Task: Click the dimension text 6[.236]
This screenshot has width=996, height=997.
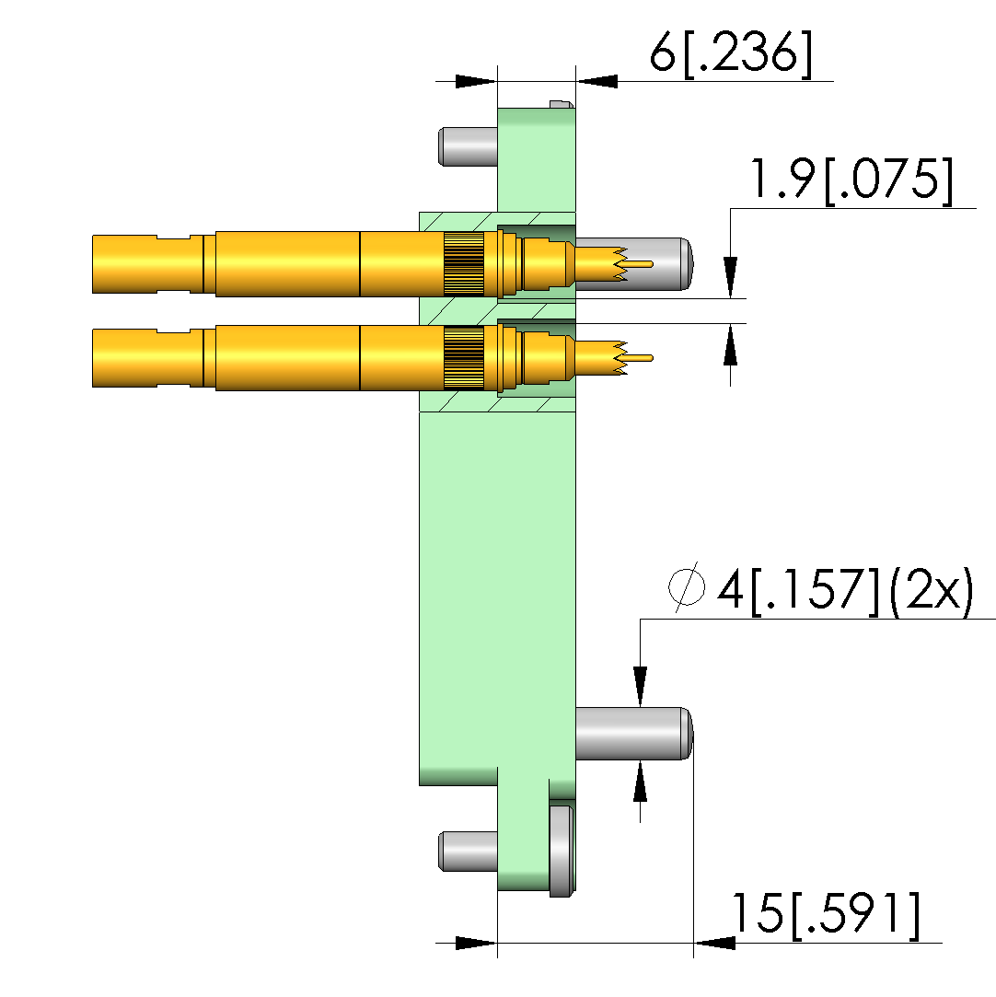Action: [x=730, y=53]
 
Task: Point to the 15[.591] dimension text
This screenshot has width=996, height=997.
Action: [x=827, y=916]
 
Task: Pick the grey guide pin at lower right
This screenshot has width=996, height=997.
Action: [x=633, y=733]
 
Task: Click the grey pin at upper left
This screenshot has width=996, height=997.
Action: [x=468, y=146]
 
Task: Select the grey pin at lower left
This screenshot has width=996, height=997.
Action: [x=468, y=852]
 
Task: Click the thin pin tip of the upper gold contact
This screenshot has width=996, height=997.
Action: [x=639, y=264]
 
